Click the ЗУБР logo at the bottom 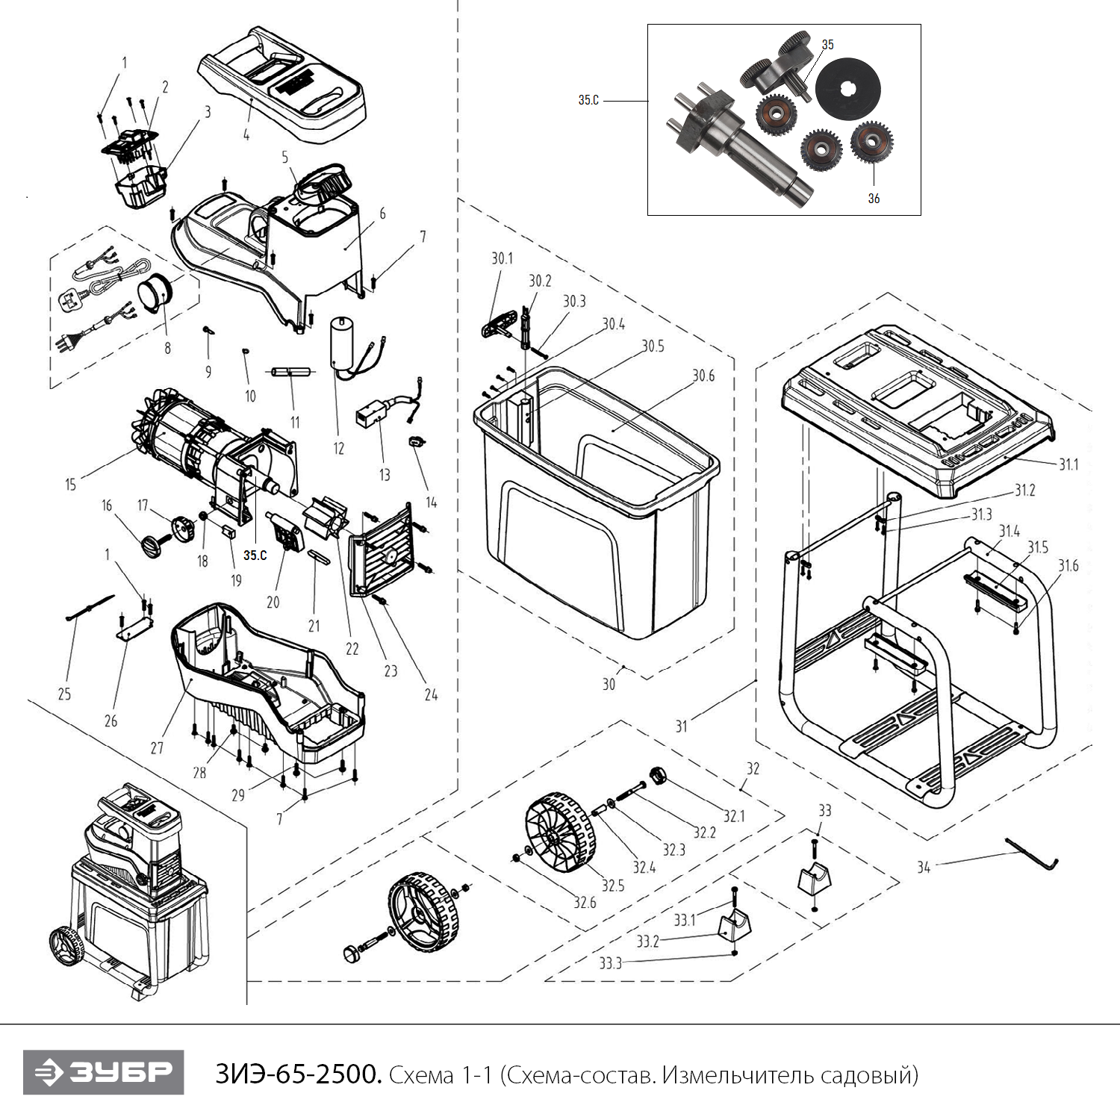click(x=103, y=1072)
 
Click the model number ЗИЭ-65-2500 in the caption click(x=299, y=1074)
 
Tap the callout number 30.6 click(x=703, y=376)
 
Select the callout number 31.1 click(x=1068, y=464)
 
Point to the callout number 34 click(x=924, y=867)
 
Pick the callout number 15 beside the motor click(x=70, y=485)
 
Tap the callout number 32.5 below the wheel click(x=613, y=886)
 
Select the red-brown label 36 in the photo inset click(x=874, y=198)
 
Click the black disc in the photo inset click(x=847, y=90)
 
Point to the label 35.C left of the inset click(x=588, y=100)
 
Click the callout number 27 click(x=157, y=747)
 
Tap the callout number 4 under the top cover click(x=246, y=135)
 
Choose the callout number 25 click(x=64, y=694)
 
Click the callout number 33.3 click(x=610, y=963)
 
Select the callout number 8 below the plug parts click(x=167, y=348)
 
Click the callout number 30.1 click(x=502, y=258)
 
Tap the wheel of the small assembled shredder click(x=66, y=946)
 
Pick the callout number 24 click(x=431, y=695)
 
